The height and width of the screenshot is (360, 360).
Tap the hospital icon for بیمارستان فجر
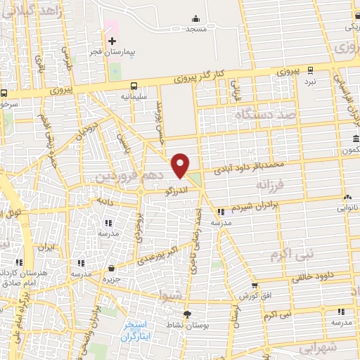tap(112, 41)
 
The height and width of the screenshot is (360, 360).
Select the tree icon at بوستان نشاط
tap(187, 314)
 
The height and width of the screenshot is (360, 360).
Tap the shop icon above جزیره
tap(112, 268)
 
